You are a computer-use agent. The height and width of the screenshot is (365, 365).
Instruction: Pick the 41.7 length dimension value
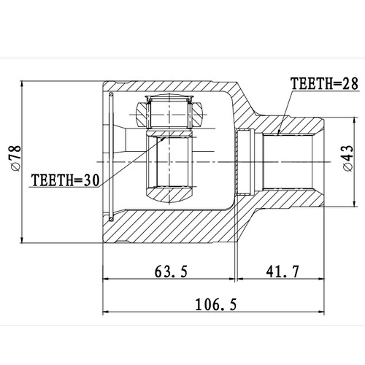click(282, 272)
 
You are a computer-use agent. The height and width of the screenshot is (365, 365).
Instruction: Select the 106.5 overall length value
click(215, 303)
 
